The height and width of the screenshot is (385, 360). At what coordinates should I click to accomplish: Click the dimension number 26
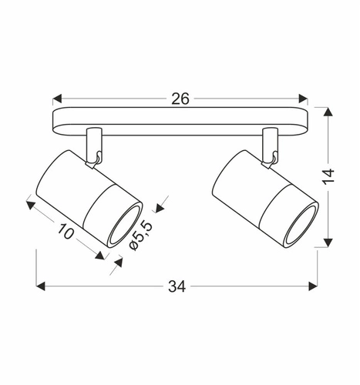coord(181,99)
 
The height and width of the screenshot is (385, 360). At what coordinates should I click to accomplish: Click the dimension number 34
coord(177,286)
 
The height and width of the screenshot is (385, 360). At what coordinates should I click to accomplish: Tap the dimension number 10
coord(66,232)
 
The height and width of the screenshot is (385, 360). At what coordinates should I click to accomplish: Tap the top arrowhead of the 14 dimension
coord(329,112)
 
